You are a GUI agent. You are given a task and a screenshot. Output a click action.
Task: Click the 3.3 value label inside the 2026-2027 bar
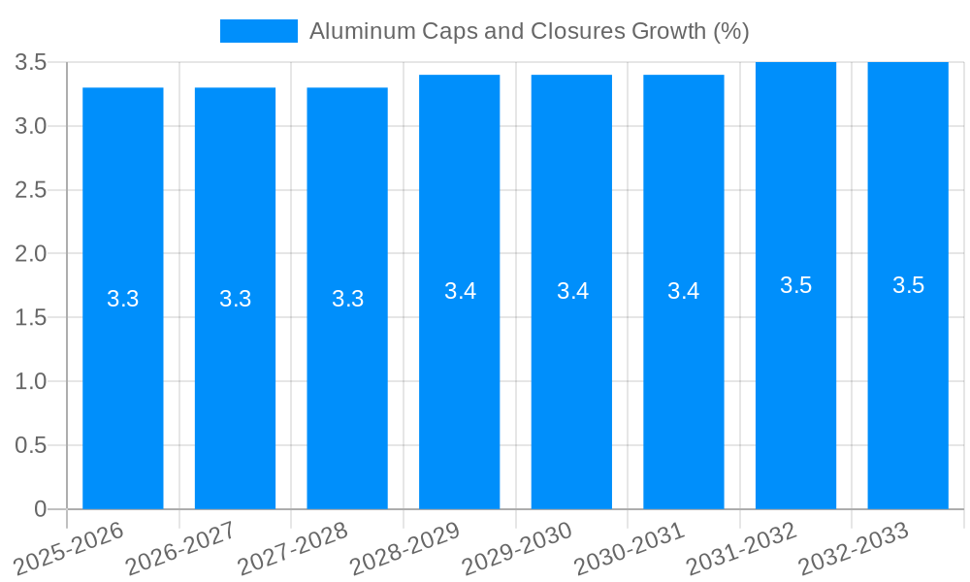[x=236, y=299]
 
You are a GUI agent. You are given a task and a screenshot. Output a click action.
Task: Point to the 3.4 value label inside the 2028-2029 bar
[x=460, y=291]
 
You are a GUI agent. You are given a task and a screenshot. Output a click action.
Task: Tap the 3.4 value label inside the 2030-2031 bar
[x=684, y=291]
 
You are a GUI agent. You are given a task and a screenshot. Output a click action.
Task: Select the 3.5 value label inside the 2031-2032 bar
[x=795, y=285]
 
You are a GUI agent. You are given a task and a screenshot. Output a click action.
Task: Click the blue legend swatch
[x=259, y=31]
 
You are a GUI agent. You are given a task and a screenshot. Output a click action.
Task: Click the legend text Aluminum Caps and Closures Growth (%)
[x=529, y=31]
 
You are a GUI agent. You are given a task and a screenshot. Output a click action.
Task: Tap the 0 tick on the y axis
[x=40, y=509]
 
